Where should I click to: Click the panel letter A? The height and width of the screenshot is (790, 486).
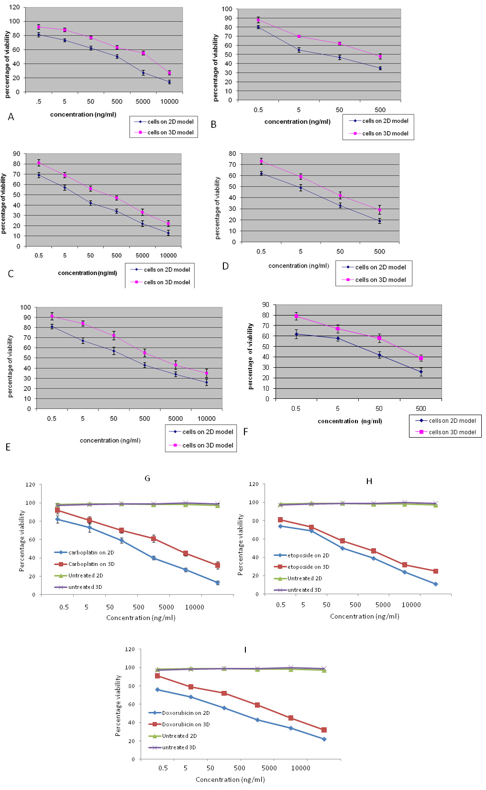11,117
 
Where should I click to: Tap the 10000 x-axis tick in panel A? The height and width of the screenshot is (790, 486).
169,102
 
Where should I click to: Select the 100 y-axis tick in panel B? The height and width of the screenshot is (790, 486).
227,9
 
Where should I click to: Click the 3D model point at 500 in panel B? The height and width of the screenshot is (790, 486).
380,56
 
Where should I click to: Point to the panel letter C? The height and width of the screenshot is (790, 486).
11,274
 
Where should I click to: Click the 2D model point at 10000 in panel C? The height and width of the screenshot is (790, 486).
168,233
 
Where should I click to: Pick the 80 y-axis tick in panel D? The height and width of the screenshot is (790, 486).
232,154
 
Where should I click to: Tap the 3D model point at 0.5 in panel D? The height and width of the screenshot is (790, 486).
261,161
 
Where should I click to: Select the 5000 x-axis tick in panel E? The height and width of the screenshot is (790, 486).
176,418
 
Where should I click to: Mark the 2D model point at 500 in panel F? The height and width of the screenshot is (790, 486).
421,372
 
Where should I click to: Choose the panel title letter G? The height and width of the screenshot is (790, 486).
147,478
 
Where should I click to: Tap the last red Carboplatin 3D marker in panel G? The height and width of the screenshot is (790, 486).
218,565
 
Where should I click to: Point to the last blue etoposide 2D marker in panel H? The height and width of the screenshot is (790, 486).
436,584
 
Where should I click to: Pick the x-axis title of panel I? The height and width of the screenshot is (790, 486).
230,779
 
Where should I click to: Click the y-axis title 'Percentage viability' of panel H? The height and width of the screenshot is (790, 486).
241,545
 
